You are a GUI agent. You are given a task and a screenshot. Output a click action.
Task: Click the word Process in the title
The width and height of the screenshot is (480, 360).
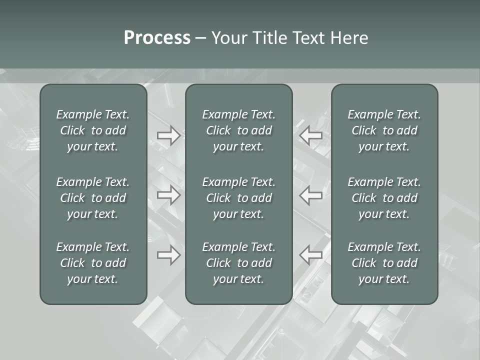point(157,38)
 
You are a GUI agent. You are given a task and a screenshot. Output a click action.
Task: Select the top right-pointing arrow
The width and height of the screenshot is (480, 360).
point(169,135)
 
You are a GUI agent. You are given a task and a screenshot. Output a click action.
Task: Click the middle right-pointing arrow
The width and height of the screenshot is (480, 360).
point(169,195)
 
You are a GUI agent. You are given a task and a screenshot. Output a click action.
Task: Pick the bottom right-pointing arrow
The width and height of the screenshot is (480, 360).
point(169,255)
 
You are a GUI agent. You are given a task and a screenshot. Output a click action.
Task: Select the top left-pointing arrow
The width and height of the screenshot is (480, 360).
point(311,135)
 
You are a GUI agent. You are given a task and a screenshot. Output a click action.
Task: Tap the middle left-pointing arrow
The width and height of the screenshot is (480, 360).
point(311,195)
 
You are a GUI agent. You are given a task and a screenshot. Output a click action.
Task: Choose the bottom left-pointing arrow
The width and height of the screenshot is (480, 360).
point(311,255)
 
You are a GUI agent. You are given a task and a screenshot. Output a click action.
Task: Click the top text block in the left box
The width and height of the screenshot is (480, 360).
point(93,130)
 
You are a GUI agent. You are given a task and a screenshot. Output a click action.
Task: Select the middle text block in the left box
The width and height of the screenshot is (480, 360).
point(93,198)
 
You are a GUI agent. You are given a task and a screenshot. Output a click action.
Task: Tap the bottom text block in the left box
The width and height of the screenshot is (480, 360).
point(93,263)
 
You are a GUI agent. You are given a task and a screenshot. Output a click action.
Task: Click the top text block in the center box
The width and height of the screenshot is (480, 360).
point(239,130)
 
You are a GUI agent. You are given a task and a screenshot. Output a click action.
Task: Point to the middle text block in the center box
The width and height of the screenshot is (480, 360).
point(239,198)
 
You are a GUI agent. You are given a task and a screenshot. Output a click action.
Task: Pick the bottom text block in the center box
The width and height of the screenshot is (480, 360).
point(239,263)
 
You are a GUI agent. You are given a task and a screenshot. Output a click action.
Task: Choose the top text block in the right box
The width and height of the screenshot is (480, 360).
point(384,130)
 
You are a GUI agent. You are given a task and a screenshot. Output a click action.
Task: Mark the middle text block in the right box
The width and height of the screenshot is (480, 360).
point(384,198)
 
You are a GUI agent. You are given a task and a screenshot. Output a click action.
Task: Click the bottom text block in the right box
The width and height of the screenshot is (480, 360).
point(384,263)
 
